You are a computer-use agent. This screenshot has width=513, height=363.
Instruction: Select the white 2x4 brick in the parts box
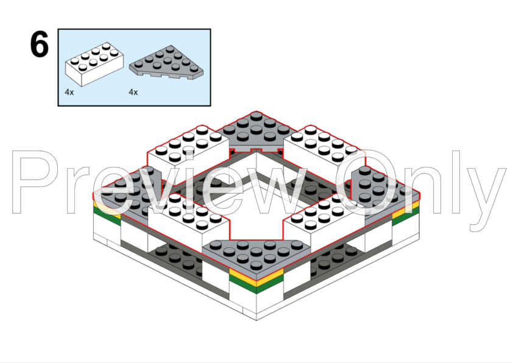[x=94, y=64]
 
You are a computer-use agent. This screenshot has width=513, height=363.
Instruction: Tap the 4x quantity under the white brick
[x=69, y=92]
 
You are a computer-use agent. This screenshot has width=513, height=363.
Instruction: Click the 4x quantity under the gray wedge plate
[x=133, y=92]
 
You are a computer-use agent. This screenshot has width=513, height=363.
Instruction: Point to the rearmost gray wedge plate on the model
[x=256, y=131]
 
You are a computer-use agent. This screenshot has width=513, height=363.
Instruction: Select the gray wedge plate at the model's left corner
[x=127, y=193]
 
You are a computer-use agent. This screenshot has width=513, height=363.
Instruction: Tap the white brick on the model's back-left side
[x=188, y=147]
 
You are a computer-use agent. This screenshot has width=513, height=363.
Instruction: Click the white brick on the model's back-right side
[x=324, y=147]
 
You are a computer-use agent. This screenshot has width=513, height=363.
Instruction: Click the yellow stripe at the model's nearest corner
[x=256, y=276]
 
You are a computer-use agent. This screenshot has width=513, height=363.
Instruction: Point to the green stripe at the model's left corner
[x=107, y=217]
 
